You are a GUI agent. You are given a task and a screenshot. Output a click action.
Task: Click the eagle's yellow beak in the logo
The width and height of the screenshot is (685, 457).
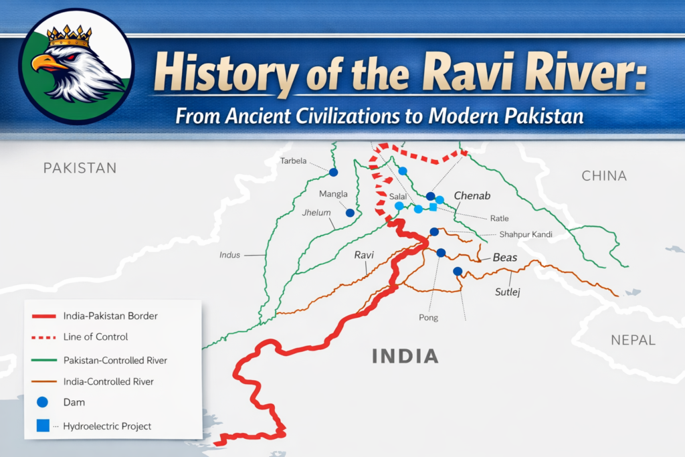45,64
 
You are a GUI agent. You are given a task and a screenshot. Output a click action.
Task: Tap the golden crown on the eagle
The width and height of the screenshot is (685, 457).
69,36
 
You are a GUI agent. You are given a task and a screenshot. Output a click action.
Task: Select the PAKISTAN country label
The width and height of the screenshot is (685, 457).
80,167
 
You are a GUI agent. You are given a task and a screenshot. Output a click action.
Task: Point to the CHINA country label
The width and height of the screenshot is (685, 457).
604,176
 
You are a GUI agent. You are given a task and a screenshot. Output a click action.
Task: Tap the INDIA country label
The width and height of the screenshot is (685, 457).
405,356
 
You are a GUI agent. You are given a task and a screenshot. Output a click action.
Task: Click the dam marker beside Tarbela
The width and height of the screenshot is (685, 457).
334,172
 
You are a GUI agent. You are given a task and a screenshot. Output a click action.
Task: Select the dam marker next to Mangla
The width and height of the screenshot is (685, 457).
350,213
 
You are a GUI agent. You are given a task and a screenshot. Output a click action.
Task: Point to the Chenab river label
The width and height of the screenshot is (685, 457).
472,196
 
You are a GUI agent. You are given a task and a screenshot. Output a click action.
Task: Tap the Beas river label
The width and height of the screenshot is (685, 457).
505,258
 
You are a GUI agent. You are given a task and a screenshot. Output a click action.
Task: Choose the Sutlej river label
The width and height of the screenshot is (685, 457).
506,292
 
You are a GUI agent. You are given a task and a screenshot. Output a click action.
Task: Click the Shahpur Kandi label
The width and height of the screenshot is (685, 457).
526,234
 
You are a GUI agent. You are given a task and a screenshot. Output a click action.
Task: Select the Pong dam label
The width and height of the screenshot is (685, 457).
428,317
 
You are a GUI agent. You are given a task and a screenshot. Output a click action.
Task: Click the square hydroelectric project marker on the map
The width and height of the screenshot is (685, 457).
433,207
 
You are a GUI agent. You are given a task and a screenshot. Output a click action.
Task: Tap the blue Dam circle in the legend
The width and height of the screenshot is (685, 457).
43,402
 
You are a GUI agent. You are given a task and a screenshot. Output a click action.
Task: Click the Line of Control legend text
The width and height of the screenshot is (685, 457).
96,337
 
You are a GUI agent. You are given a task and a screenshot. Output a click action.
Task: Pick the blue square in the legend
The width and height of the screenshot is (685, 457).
43,426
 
